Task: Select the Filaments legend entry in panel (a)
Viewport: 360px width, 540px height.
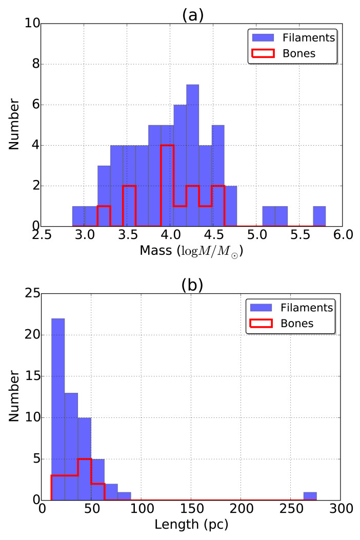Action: click(293, 38)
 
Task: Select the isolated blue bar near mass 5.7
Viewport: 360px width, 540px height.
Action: click(319, 216)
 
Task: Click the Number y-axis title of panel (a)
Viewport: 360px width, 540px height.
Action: click(14, 125)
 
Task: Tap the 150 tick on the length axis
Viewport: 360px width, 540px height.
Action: click(191, 510)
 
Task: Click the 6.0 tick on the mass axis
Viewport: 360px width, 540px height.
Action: click(339, 236)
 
